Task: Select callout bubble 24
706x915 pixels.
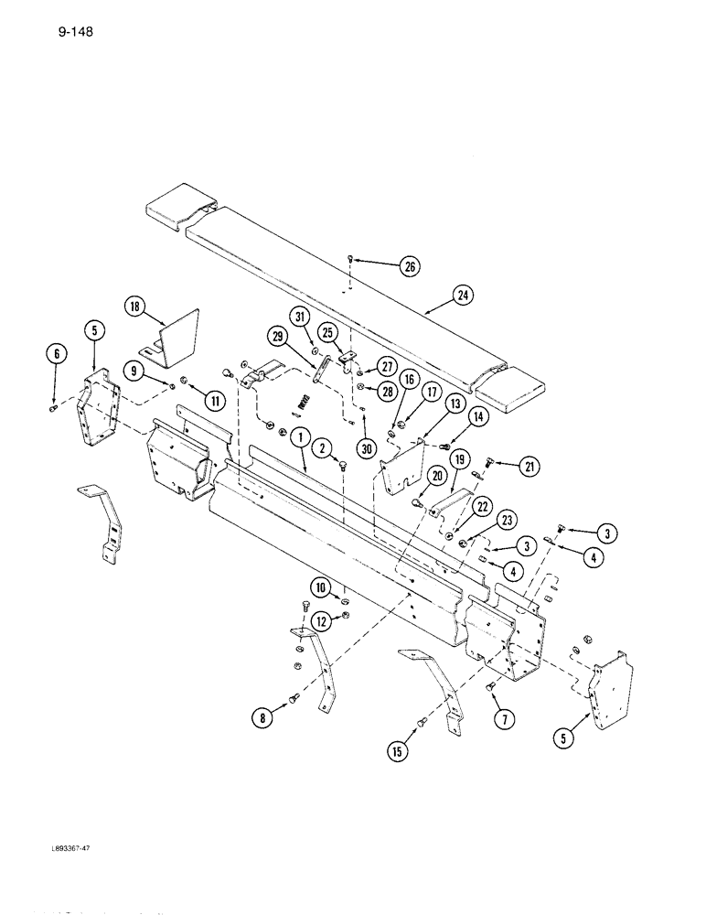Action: (465, 296)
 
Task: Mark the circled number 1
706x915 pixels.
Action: (298, 438)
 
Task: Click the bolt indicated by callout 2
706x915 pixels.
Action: (342, 466)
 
